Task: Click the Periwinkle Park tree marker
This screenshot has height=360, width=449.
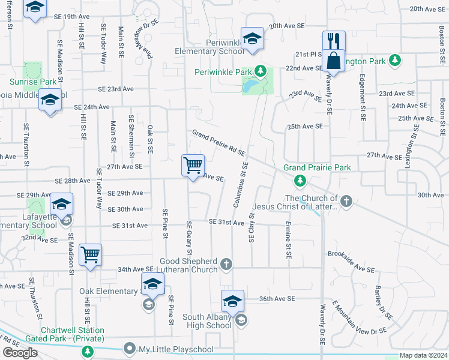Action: tap(260, 72)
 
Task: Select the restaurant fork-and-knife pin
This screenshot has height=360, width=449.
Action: tap(334, 41)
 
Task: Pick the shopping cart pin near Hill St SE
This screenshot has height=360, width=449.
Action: tap(90, 254)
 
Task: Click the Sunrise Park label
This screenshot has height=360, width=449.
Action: tap(32, 82)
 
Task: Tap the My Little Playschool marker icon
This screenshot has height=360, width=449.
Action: tap(129, 349)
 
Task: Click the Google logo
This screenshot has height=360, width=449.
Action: tap(20, 353)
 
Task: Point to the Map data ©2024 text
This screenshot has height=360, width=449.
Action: tap(423, 355)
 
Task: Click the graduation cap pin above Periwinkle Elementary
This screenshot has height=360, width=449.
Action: tap(253, 38)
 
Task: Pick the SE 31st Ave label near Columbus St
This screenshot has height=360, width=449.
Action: tap(226, 222)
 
